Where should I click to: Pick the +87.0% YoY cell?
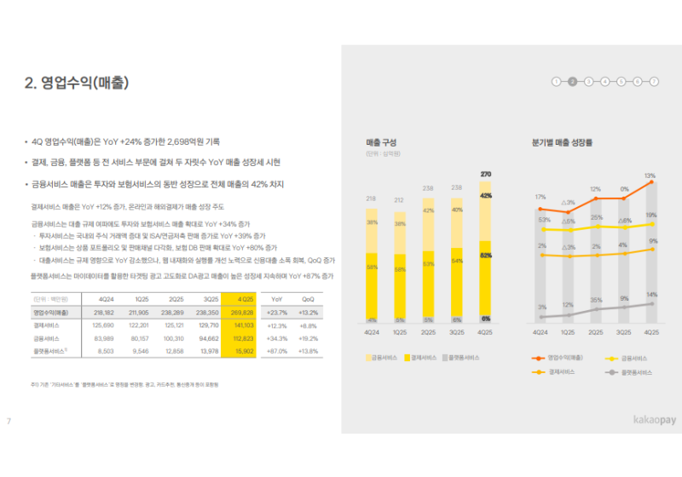pyautogui.click(x=276, y=351)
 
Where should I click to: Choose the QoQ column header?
pyautogui.click(x=309, y=300)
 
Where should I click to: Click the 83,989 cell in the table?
pyautogui.click(x=103, y=338)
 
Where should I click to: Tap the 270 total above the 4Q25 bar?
pyautogui.click(x=486, y=174)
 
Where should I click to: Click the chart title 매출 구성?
pyautogui.click(x=380, y=143)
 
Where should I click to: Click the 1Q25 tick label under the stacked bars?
pyautogui.click(x=400, y=331)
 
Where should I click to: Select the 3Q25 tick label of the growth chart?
pyautogui.click(x=623, y=331)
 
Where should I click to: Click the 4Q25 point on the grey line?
pyautogui.click(x=651, y=303)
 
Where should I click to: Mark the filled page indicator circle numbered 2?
pyautogui.click(x=572, y=82)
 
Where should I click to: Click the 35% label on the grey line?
pyautogui.click(x=596, y=300)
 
